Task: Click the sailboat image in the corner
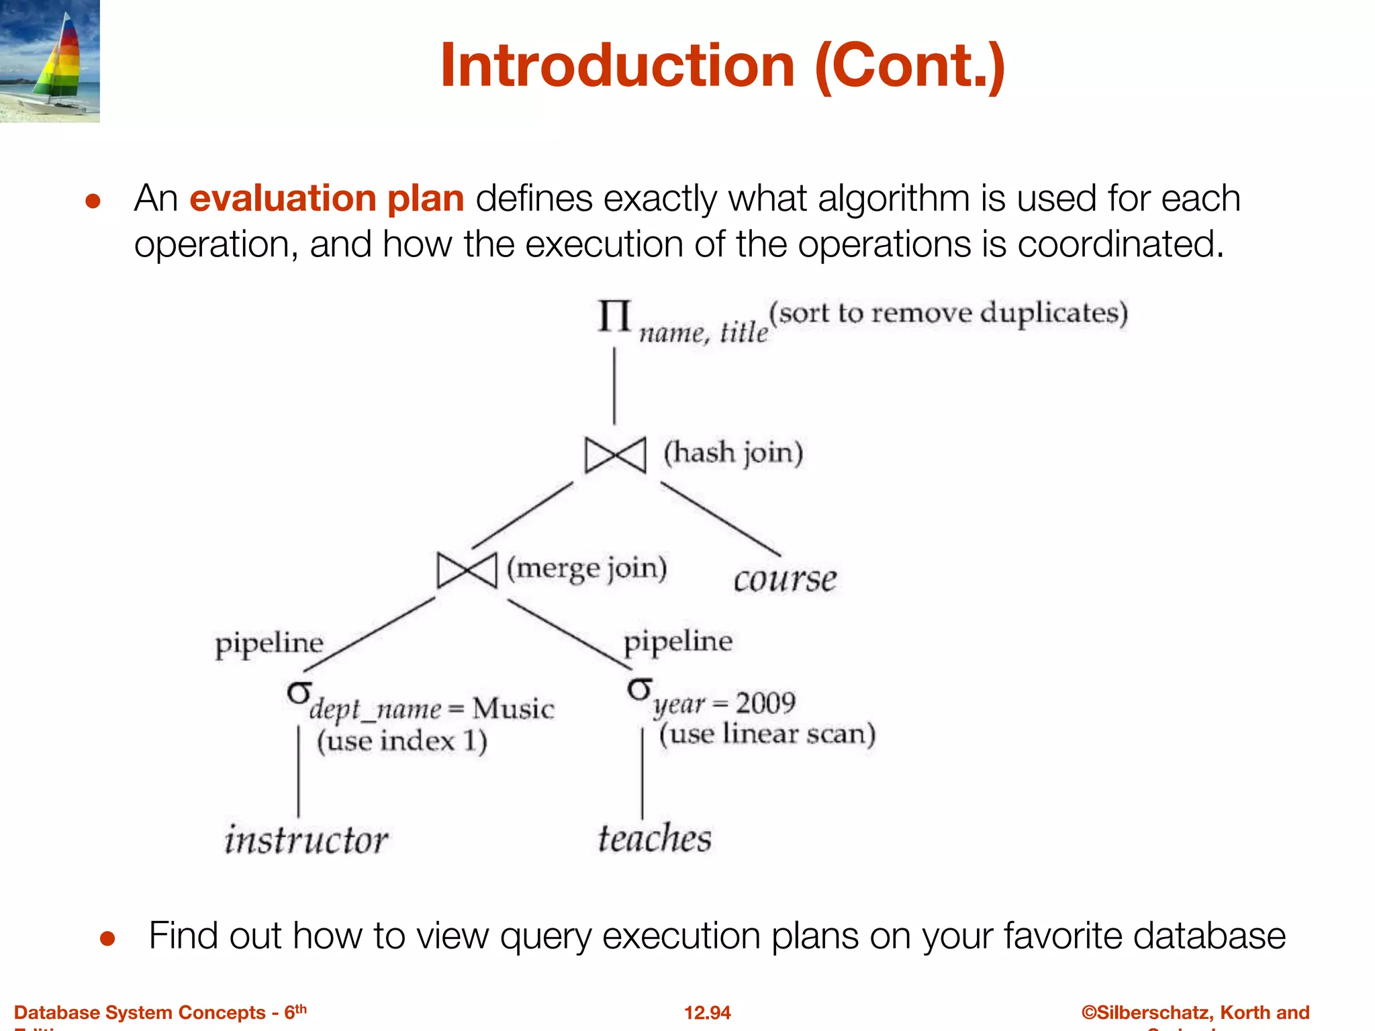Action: click(x=50, y=60)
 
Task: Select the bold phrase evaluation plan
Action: click(x=327, y=199)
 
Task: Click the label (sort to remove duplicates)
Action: click(x=948, y=313)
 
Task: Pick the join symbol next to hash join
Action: click(x=615, y=455)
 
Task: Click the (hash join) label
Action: click(x=733, y=452)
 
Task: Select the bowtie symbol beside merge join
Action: click(x=467, y=571)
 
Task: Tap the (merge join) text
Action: click(x=587, y=569)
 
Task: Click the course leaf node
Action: click(x=785, y=579)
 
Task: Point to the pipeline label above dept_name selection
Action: click(x=269, y=644)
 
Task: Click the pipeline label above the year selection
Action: click(x=678, y=641)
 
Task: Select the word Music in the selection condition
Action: click(x=513, y=709)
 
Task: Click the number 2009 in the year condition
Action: click(x=765, y=703)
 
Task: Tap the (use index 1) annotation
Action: click(x=401, y=741)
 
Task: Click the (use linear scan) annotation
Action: click(x=767, y=734)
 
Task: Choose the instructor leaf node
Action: click(x=306, y=840)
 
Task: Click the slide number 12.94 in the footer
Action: click(x=707, y=1012)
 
